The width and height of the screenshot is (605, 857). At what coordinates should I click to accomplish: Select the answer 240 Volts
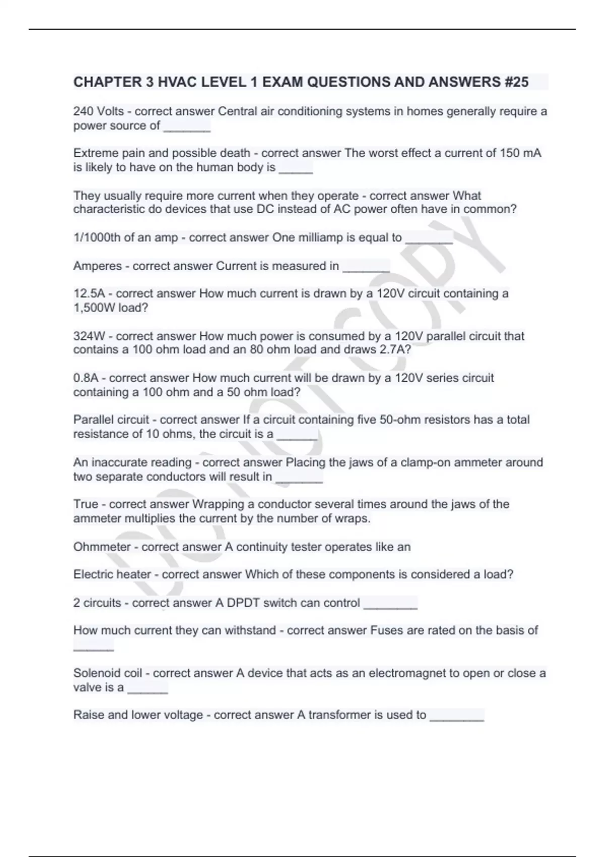click(98, 111)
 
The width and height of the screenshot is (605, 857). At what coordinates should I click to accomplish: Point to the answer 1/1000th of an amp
click(126, 238)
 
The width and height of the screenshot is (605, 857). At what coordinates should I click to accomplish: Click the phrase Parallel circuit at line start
click(111, 420)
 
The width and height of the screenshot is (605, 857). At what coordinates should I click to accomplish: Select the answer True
click(86, 505)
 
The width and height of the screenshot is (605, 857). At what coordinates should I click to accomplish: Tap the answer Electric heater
click(112, 575)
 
